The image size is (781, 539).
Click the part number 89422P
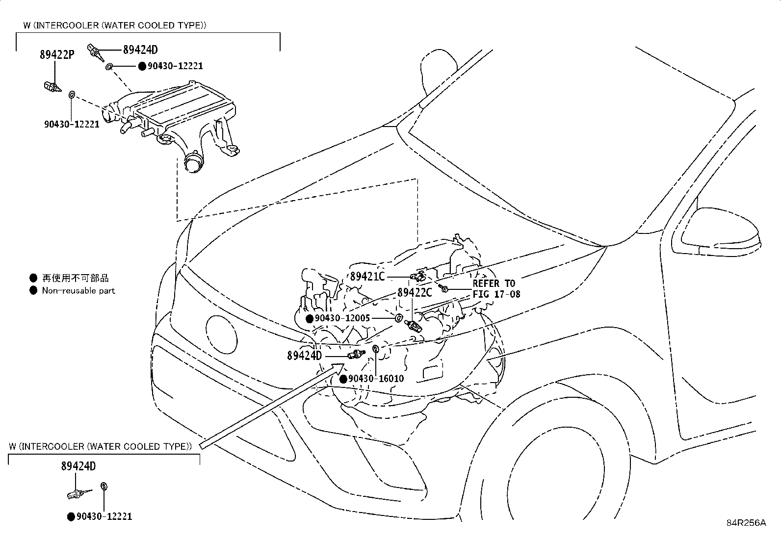pyautogui.click(x=57, y=54)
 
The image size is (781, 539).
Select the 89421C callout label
pyautogui.click(x=367, y=276)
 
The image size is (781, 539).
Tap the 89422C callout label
pyautogui.click(x=415, y=292)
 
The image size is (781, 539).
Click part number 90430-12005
pyautogui.click(x=342, y=318)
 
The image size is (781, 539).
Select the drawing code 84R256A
pyautogui.click(x=746, y=522)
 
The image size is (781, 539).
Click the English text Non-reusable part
pyautogui.click(x=78, y=290)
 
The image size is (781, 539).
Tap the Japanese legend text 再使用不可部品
pyautogui.click(x=75, y=278)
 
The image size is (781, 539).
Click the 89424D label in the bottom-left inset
pyautogui.click(x=78, y=466)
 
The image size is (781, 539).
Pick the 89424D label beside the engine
pyautogui.click(x=304, y=355)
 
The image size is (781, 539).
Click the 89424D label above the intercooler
pyautogui.click(x=140, y=50)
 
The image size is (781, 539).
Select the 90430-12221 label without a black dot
pyautogui.click(x=72, y=124)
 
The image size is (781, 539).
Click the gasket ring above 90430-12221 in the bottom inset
pyautogui.click(x=104, y=486)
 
